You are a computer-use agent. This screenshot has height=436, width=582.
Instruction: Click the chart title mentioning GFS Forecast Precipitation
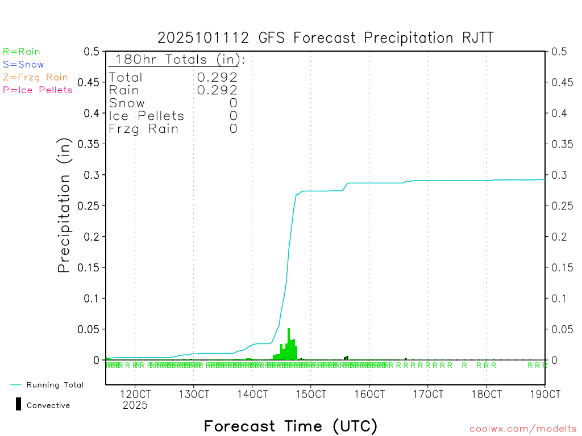coord(326,38)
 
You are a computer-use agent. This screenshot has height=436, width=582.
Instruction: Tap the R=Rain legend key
coord(22,52)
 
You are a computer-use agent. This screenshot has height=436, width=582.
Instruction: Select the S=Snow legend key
coord(23,65)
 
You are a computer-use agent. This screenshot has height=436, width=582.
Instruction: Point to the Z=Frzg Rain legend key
coord(35,77)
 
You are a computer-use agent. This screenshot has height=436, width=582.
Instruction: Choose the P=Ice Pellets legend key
coord(38,90)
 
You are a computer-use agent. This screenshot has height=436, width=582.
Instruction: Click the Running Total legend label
coord(55,385)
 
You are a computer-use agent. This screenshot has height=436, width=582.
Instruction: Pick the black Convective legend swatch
coord(18,404)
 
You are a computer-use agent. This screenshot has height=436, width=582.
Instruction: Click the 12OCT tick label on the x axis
coord(135,394)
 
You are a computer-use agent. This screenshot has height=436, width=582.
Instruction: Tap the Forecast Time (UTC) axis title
coord(290,426)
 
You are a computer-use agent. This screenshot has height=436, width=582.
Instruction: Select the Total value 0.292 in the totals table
coord(217,77)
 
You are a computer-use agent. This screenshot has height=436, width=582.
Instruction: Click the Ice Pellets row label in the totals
coord(147,116)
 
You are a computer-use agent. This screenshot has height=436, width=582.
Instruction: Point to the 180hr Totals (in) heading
coord(177,60)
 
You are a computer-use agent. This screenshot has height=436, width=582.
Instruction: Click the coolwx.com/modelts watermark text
coord(523,429)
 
